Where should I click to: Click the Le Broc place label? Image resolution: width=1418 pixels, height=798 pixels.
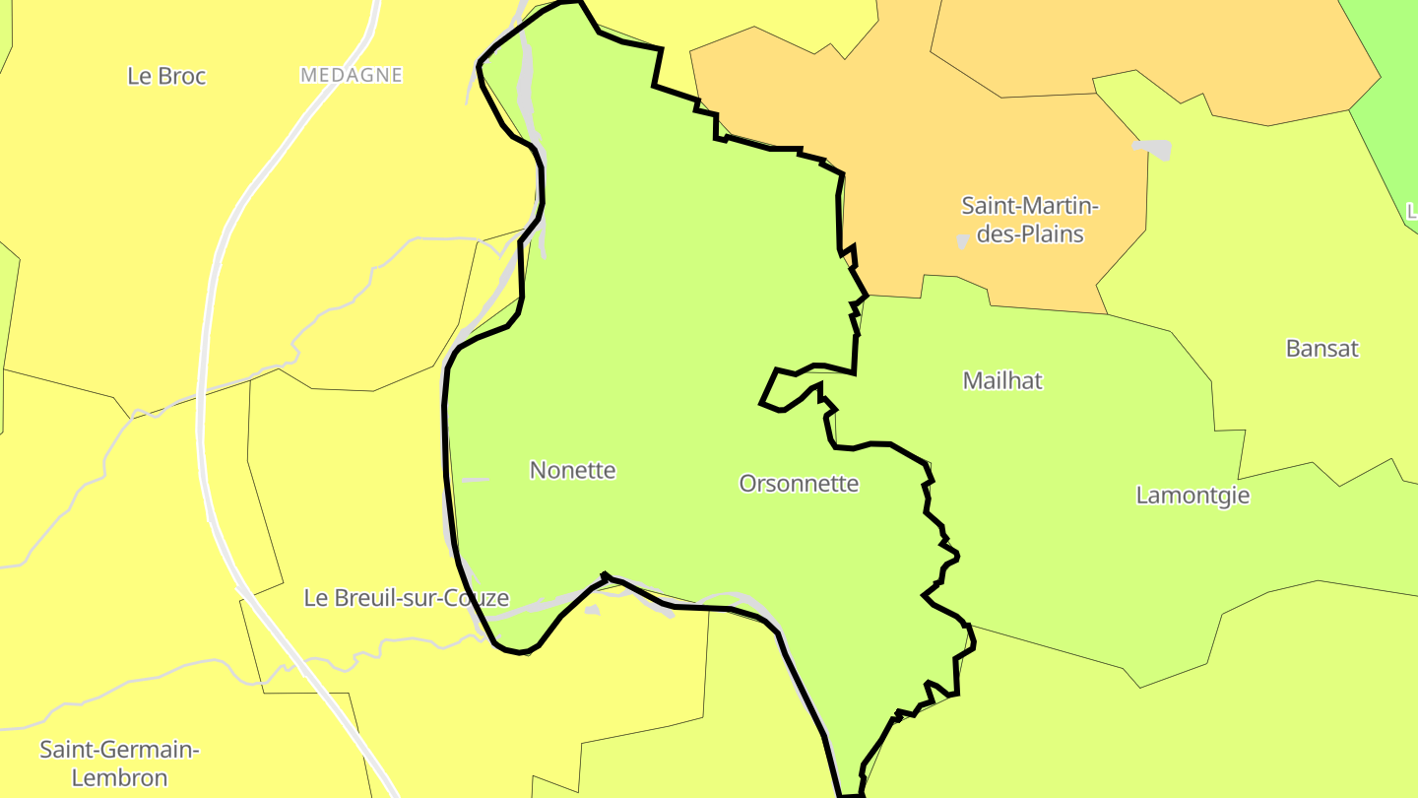[166, 76]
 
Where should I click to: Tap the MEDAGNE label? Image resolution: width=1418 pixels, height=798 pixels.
[352, 75]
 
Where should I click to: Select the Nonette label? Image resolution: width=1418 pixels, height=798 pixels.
[572, 470]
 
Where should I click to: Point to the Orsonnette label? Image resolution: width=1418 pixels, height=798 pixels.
[799, 484]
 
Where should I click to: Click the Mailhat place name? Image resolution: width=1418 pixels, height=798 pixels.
[1002, 380]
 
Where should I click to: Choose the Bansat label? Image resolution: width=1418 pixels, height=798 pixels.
[1321, 348]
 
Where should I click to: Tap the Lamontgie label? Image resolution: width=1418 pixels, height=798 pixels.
[1192, 495]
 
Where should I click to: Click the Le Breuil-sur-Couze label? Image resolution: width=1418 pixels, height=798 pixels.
[406, 598]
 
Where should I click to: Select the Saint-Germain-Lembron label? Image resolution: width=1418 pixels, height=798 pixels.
[119, 764]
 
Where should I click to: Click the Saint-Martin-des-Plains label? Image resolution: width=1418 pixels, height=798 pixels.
[1030, 220]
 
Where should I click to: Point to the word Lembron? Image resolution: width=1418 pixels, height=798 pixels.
[119, 778]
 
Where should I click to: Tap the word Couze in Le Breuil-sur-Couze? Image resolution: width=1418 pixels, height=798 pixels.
[477, 598]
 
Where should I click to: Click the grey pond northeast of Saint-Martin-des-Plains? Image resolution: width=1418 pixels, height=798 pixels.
[1153, 149]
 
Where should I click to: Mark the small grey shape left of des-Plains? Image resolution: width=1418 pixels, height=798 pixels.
[962, 241]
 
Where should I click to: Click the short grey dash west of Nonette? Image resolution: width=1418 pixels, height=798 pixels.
[475, 480]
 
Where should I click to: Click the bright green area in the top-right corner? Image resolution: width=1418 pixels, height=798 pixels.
[1388, 59]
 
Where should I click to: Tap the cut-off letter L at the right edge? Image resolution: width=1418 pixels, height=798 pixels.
[1411, 211]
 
